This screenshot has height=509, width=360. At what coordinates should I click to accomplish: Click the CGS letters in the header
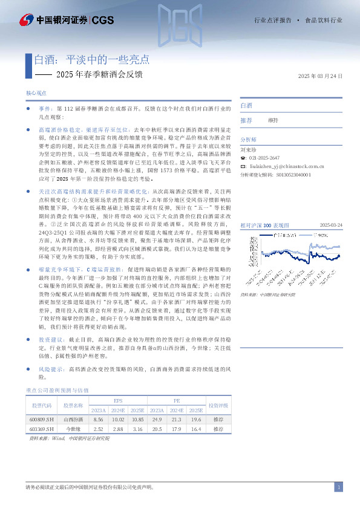point(103,20)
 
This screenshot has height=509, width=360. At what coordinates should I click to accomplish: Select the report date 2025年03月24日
point(321,76)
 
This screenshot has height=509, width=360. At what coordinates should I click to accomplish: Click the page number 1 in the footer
point(339,488)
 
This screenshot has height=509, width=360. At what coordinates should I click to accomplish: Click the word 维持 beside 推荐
point(273,120)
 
